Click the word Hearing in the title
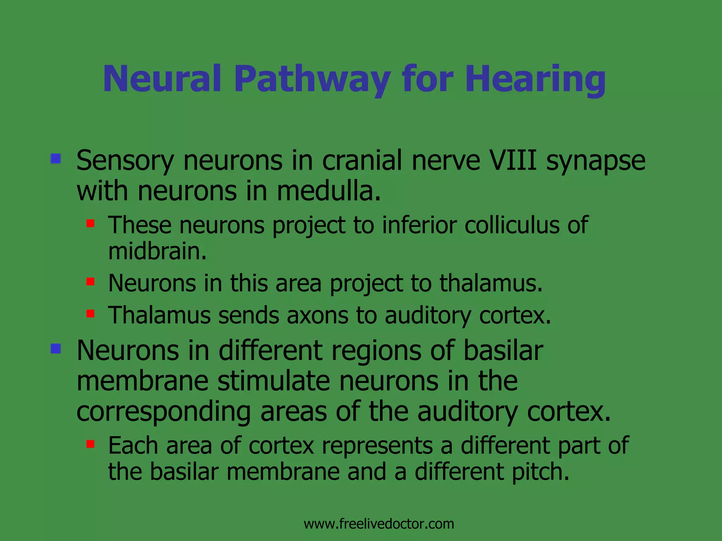[535, 80]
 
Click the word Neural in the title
[162, 80]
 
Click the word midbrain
[157, 251]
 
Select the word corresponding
[164, 412]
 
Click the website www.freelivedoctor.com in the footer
[379, 524]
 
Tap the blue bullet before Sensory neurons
[56, 158]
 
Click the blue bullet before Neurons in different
[56, 349]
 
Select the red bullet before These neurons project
[91, 223]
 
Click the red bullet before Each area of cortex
[91, 444]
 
